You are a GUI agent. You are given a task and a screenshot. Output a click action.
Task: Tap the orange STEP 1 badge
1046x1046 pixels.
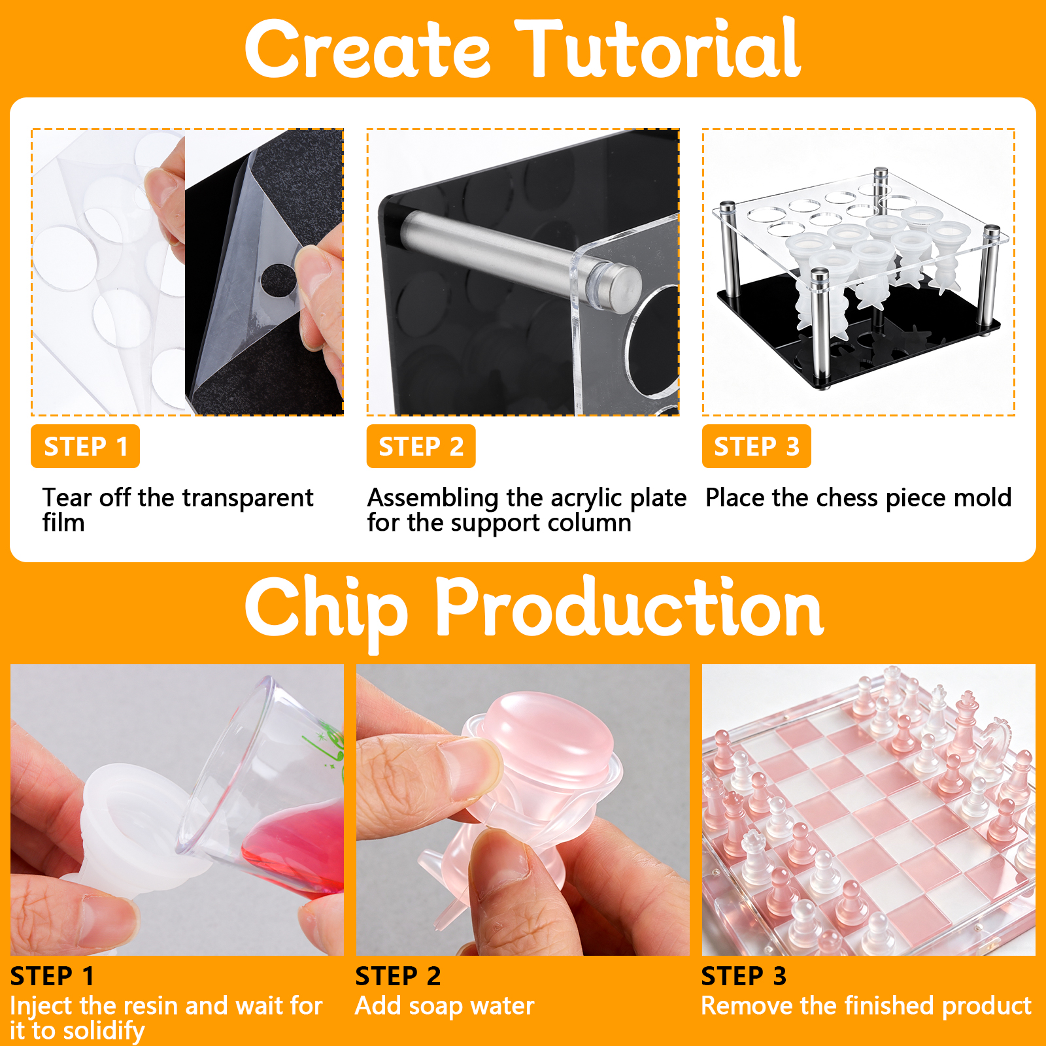(x=85, y=447)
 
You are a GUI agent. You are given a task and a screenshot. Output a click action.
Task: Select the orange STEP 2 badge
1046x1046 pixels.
(x=421, y=447)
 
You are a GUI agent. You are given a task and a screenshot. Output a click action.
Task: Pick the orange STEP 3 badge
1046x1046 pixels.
(x=756, y=447)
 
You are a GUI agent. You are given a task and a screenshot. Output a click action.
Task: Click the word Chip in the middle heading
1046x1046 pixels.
(x=326, y=611)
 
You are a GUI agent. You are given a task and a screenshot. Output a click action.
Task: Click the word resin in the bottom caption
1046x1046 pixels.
(x=154, y=1005)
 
